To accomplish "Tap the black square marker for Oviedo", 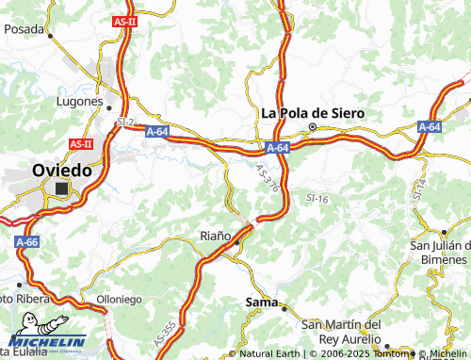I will tap(62, 189).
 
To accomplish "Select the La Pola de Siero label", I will tap(312, 113).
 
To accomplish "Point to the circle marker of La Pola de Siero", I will tap(313, 128).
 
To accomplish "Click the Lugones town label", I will tap(80, 101).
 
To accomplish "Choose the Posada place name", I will tap(24, 29).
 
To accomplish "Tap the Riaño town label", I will tap(215, 235).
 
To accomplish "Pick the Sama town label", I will tap(261, 302).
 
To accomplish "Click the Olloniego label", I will tap(120, 299).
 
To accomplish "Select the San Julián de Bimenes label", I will tap(439, 254).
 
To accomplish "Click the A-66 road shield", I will tap(25, 242).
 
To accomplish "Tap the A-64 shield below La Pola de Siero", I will tap(277, 148).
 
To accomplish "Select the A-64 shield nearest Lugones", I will tap(158, 133).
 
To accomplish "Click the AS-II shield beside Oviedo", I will tap(80, 144).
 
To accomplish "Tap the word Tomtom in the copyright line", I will tap(390, 353).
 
